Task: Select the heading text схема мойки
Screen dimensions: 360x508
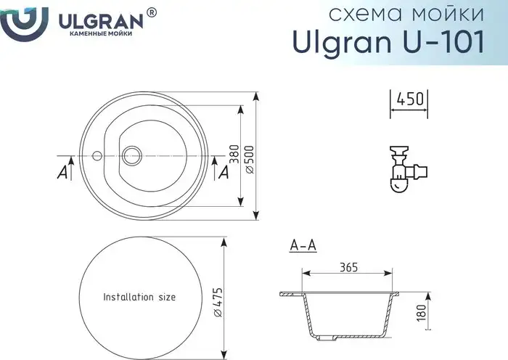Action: pyautogui.click(x=406, y=15)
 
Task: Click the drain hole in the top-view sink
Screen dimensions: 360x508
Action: pyautogui.click(x=132, y=154)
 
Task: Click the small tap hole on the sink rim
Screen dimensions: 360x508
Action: pyautogui.click(x=96, y=155)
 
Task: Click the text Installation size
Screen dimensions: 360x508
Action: pyautogui.click(x=139, y=297)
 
